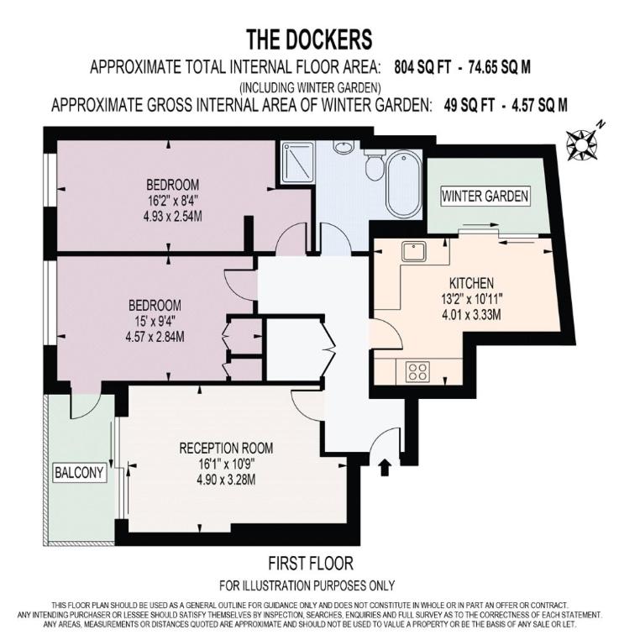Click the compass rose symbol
[582, 144]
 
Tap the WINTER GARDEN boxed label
[485, 197]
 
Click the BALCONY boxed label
[79, 472]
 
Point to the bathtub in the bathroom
[402, 185]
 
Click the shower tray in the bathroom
[298, 161]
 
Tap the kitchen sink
[413, 251]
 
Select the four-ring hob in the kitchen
[417, 371]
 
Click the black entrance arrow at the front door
[384, 467]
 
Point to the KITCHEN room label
[471, 283]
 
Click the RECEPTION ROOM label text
[226, 448]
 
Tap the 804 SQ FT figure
[422, 67]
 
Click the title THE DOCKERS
[309, 39]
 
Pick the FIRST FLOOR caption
[311, 564]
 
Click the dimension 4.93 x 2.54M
[172, 216]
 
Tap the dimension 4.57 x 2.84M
[155, 336]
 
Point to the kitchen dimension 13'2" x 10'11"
[472, 299]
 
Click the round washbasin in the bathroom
[344, 146]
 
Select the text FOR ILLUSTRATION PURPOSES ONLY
[307, 585]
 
